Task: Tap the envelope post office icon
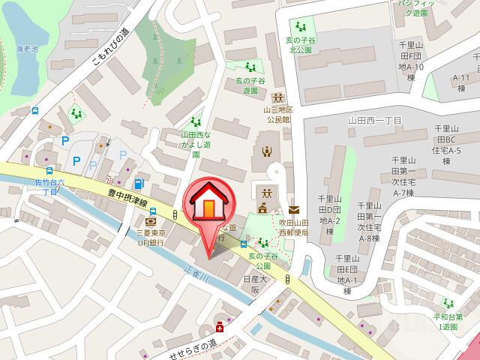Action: pos(292,210)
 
